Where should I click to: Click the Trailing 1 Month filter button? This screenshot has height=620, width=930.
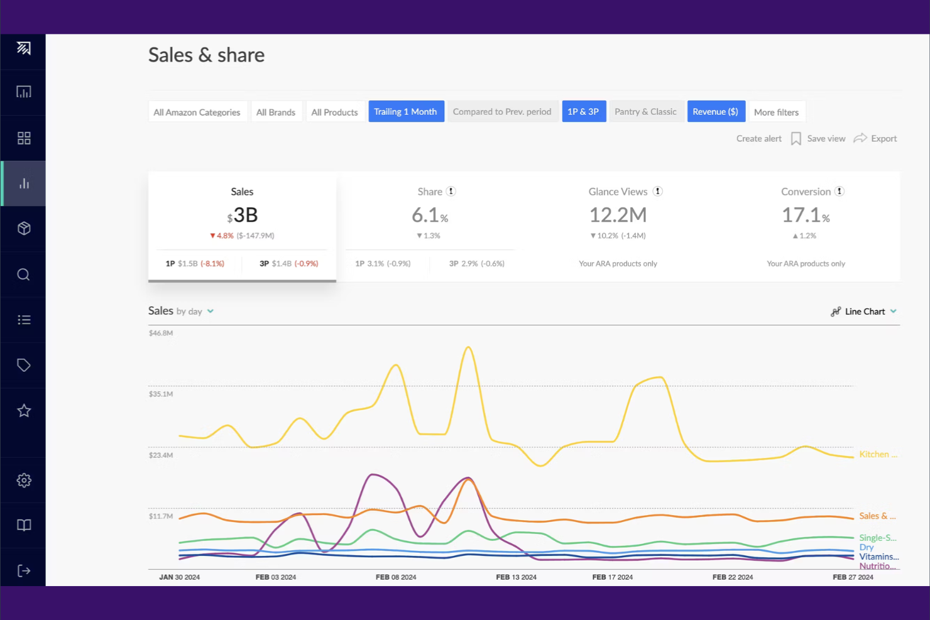click(406, 112)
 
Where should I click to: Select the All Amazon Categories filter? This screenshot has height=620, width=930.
click(197, 112)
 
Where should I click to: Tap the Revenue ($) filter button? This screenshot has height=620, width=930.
click(716, 112)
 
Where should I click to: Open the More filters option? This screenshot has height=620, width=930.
click(776, 112)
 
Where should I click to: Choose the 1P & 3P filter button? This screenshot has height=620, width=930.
click(583, 112)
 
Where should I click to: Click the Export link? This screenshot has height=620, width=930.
click(883, 139)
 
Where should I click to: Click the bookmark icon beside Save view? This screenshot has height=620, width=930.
click(796, 139)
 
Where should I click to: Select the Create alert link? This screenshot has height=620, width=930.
click(758, 139)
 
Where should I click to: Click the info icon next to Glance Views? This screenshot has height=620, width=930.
click(657, 192)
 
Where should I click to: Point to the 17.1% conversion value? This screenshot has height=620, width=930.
click(805, 215)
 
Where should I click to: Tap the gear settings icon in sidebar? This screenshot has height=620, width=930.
click(24, 481)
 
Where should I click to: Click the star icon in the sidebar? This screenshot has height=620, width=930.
click(24, 411)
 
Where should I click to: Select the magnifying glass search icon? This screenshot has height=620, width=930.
click(24, 275)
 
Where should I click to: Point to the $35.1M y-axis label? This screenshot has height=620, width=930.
click(161, 394)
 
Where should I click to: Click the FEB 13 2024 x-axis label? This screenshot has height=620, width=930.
click(516, 577)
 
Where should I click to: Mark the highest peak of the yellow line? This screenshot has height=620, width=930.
click(468, 347)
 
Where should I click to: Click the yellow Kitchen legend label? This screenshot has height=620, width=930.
click(877, 455)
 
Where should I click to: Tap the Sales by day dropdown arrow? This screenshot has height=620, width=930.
click(211, 312)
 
